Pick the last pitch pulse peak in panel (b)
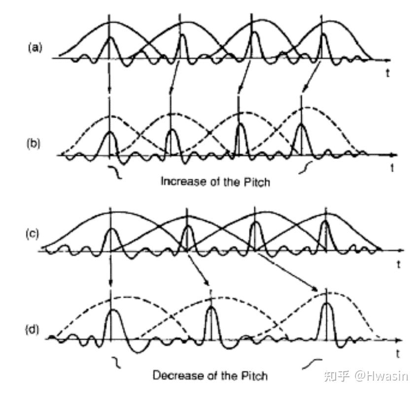coord(301,124)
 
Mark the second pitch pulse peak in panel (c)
coord(186,227)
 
